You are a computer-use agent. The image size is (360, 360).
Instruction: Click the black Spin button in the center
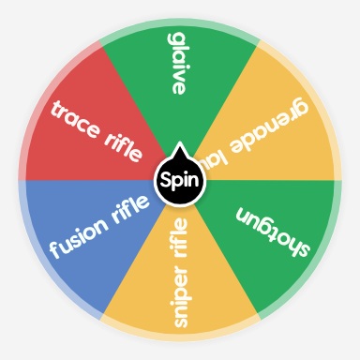tap(179, 179)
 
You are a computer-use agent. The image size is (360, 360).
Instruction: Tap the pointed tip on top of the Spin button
tap(179, 148)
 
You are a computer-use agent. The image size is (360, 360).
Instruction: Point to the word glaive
tap(178, 64)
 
